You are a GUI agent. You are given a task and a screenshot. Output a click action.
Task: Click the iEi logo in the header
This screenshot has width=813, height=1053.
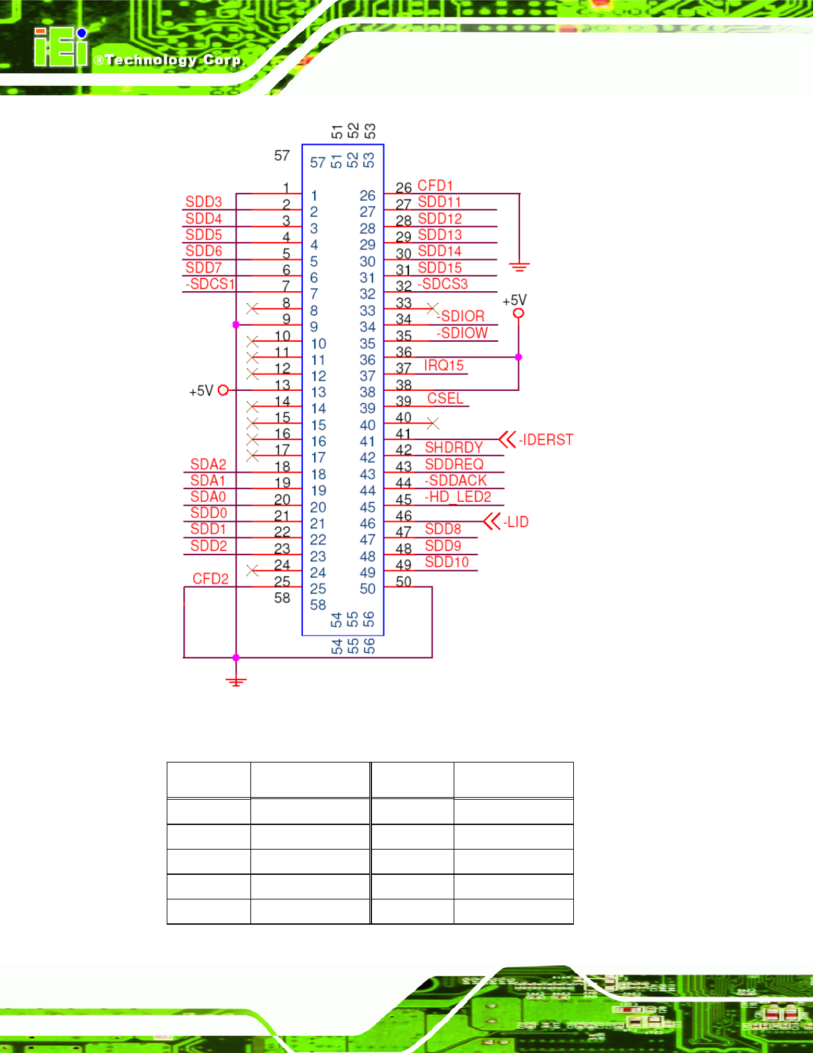[x=61, y=47]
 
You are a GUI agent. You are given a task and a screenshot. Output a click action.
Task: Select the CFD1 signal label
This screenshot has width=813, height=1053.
[x=435, y=185]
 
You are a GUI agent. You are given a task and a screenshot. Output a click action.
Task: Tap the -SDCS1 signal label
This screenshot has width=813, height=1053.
[x=210, y=283]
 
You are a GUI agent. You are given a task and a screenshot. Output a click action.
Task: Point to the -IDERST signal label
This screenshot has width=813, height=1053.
[x=546, y=439]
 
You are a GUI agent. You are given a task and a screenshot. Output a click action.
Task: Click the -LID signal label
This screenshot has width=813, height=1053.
[x=515, y=522]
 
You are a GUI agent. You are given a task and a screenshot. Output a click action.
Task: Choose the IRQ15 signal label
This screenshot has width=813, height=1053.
[x=444, y=366]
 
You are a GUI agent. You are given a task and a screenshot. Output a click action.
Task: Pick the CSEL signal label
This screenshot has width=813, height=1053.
[x=445, y=398]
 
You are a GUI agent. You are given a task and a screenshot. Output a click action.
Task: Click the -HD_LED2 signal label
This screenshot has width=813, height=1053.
[x=458, y=497]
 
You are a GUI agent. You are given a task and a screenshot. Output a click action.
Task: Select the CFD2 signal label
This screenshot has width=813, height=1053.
[x=210, y=578]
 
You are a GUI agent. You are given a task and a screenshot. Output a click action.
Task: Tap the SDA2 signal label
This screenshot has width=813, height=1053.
[x=208, y=464]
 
